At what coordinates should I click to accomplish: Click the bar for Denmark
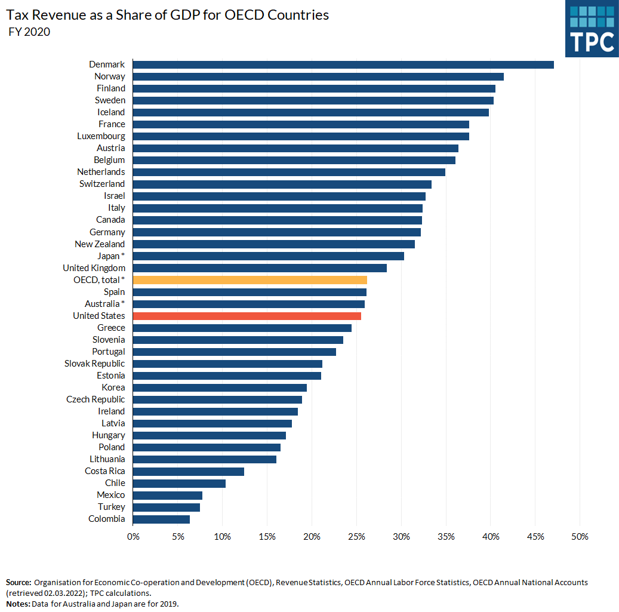point(343,64)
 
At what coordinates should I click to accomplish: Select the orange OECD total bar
point(250,279)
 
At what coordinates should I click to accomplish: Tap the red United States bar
point(247,316)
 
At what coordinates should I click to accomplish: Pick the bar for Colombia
point(161,519)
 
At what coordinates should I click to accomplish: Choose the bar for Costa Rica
point(189,471)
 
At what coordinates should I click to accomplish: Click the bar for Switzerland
point(282,184)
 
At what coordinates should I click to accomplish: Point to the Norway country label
point(110,76)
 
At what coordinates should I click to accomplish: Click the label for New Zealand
point(100,244)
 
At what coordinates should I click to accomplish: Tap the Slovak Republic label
point(95,364)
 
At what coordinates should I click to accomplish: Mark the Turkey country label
point(112,507)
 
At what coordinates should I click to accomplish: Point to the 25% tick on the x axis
point(356,536)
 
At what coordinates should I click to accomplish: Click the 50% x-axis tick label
point(580,536)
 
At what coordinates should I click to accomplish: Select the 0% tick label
point(133,536)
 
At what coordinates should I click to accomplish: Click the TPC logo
point(592,29)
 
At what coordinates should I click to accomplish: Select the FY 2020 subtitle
point(29,32)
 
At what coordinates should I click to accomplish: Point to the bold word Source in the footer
point(19,582)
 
